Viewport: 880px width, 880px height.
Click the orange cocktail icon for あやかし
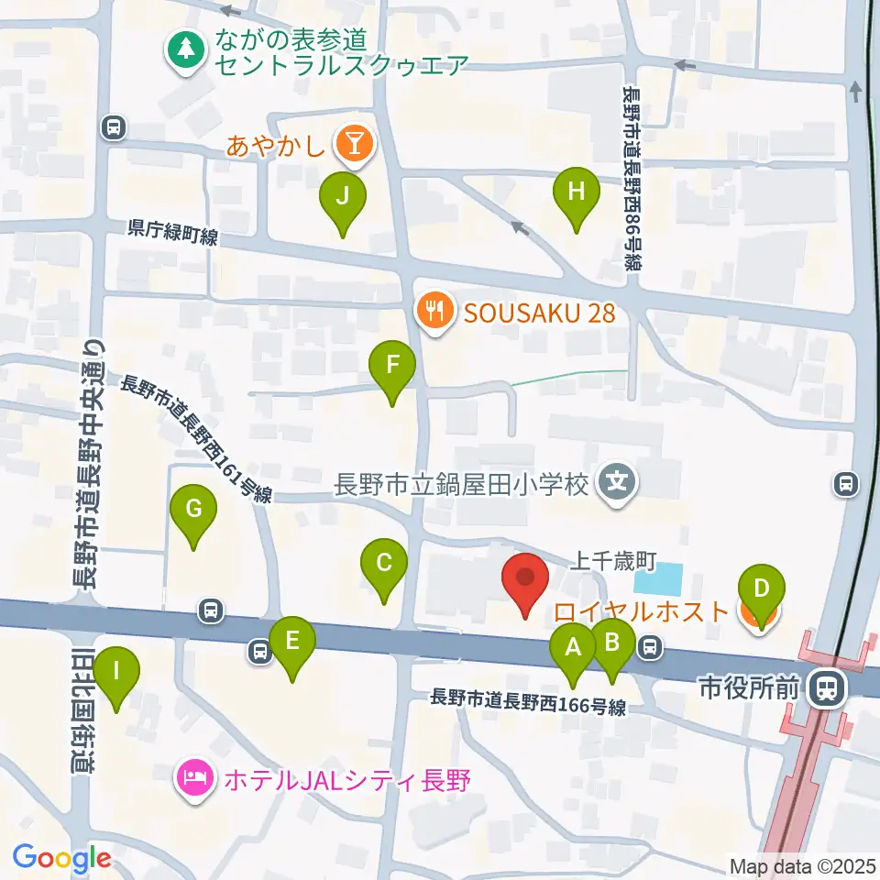click(x=353, y=144)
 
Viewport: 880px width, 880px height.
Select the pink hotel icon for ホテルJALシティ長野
click(x=195, y=781)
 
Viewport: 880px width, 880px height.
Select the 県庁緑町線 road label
click(x=173, y=236)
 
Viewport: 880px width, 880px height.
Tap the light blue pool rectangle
click(x=659, y=578)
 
